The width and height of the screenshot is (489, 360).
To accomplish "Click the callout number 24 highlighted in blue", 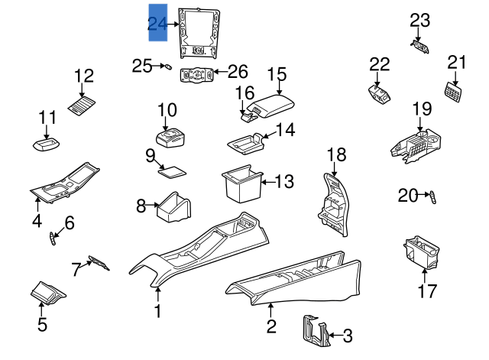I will [157, 25].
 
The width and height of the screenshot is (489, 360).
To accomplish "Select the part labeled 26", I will [195, 74].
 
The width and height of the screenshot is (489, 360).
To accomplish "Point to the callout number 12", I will [84, 76].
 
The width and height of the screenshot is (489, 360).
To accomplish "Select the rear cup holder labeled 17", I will [421, 252].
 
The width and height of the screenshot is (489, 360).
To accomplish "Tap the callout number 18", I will [336, 154].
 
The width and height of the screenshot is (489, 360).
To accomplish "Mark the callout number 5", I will [43, 325].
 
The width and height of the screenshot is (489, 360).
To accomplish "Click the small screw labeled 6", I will [53, 238].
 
